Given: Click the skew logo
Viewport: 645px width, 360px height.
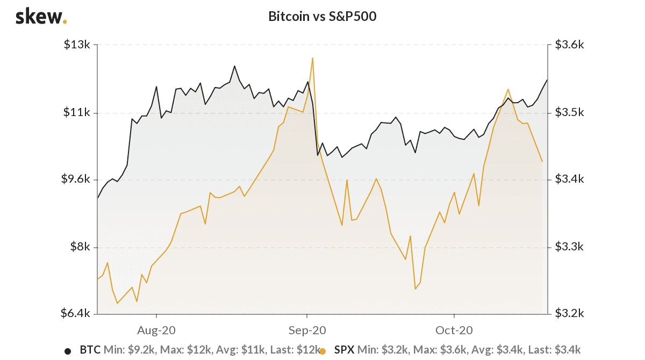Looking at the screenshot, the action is [41, 17].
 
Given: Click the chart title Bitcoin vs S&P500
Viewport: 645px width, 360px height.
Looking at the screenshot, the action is [322, 17].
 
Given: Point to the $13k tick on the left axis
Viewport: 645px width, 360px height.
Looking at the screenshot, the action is [77, 45].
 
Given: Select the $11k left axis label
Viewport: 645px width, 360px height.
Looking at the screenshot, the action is [77, 112].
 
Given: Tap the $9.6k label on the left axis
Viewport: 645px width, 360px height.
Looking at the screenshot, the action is [75, 179].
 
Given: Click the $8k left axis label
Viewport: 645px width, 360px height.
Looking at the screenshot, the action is [80, 247].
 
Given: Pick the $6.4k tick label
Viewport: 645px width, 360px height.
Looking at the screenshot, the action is [75, 313].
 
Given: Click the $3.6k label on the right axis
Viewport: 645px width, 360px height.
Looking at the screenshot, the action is [569, 45].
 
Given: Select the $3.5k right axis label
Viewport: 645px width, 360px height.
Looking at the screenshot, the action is [569, 112].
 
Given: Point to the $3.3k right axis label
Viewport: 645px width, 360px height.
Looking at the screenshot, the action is [569, 247].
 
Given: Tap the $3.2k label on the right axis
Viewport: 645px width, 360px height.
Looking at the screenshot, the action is [569, 313].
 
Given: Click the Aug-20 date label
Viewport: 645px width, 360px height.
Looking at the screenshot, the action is [156, 330].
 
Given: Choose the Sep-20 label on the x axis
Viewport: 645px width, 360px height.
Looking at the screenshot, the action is [307, 330].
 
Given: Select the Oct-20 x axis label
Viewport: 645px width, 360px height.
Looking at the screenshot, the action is [454, 330].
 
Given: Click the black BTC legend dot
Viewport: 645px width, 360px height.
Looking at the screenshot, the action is [68, 351].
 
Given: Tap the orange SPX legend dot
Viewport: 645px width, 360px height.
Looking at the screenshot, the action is [322, 351].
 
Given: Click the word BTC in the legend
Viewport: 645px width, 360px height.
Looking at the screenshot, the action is [90, 350].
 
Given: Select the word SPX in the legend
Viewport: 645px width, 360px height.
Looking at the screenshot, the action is [345, 350].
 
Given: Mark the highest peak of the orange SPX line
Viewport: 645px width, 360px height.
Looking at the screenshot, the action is [312, 58].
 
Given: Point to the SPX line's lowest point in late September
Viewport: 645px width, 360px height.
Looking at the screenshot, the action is [415, 289].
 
